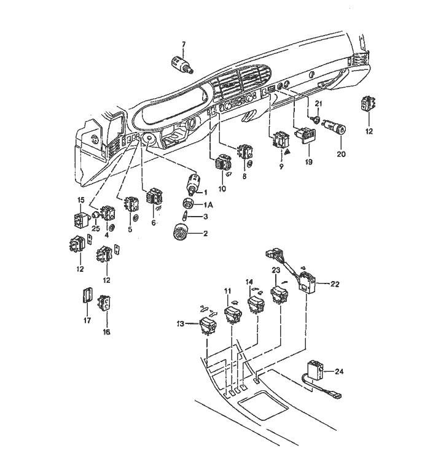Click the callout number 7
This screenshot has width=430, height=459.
pos(182,44)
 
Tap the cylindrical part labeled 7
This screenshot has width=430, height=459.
pos(180,63)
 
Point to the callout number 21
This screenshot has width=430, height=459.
pos(318,102)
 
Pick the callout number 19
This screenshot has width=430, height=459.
pos(308,162)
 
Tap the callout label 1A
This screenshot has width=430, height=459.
pos(208,204)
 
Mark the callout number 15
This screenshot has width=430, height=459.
pos(80,200)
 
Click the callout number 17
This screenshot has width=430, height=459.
pos(86,320)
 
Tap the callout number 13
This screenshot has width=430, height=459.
pos(180,324)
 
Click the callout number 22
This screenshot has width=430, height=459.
pos(334,283)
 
